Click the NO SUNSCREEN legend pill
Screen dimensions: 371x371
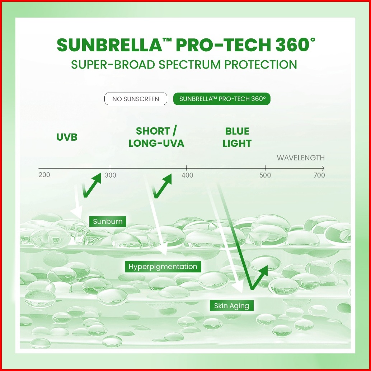click(x=136, y=99)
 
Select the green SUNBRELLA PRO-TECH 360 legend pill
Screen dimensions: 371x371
click(x=222, y=99)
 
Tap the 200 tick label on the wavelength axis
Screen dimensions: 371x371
click(x=44, y=175)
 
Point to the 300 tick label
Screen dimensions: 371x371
click(x=111, y=175)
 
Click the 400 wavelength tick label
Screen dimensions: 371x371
click(x=187, y=175)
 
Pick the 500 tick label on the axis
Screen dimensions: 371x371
click(x=265, y=175)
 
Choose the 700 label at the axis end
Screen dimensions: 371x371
click(x=319, y=175)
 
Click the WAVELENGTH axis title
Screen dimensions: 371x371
click(x=301, y=158)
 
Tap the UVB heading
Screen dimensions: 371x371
click(x=67, y=137)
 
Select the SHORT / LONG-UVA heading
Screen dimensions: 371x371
click(x=156, y=137)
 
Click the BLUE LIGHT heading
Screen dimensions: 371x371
click(x=237, y=137)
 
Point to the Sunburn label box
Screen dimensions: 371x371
click(x=108, y=221)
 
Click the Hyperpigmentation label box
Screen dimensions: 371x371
click(x=163, y=267)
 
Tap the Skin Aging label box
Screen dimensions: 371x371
click(x=231, y=306)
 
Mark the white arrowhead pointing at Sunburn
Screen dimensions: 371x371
click(x=76, y=212)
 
